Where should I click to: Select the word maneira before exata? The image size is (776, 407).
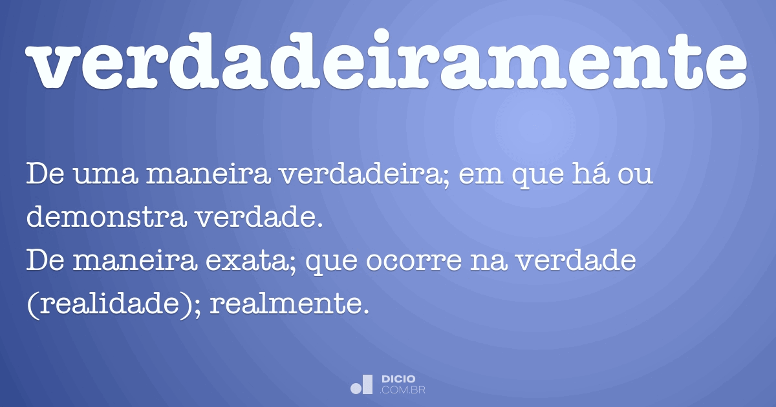point(138,261)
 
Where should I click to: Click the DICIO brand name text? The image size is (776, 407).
point(399,379)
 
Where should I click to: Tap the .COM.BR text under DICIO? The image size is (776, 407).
point(403,390)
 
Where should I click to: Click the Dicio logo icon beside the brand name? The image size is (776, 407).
point(362,384)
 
